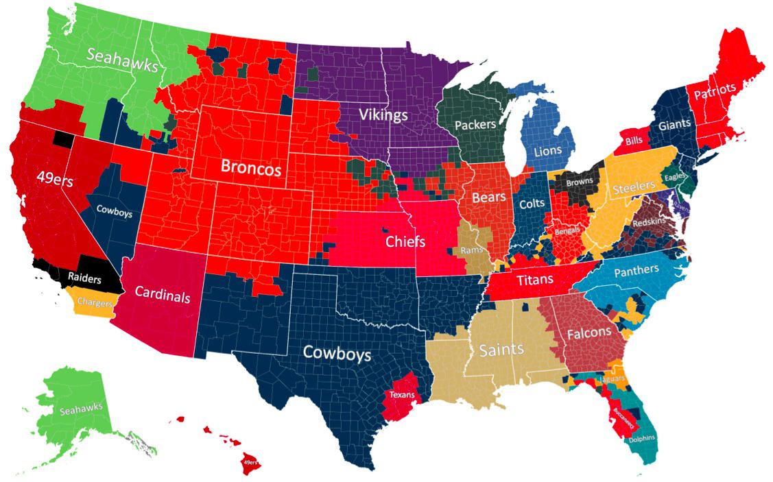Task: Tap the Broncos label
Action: click(x=250, y=167)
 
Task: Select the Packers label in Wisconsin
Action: click(x=475, y=125)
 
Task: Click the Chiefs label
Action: click(x=405, y=242)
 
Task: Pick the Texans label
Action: click(x=401, y=394)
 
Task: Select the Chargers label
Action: click(x=95, y=302)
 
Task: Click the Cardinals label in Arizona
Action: click(x=162, y=295)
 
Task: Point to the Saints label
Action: click(x=501, y=349)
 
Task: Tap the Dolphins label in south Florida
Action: click(x=641, y=438)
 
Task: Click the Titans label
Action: click(x=535, y=280)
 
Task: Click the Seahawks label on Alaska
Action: click(x=80, y=410)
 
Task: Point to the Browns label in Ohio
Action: click(x=580, y=182)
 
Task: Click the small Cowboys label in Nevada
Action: click(x=114, y=213)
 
